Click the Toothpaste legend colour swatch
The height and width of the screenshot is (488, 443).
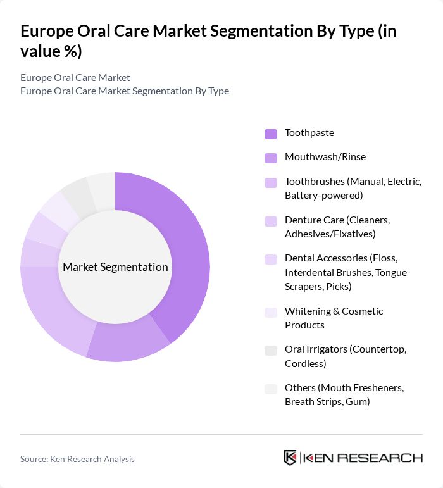[x=271, y=134]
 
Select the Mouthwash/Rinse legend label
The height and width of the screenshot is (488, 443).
[x=325, y=157]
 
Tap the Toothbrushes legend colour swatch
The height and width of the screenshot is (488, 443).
[x=271, y=182]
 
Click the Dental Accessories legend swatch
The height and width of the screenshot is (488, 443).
[x=271, y=259]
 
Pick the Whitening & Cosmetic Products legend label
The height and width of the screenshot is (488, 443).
[x=334, y=318]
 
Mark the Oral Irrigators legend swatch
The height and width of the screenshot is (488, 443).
[x=271, y=350]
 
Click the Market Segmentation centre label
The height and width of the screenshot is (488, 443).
[x=115, y=267]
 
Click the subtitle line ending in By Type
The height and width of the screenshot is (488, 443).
[x=125, y=91]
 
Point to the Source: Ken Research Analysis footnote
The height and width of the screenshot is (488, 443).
[x=77, y=459]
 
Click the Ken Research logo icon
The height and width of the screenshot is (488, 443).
[x=290, y=458]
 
